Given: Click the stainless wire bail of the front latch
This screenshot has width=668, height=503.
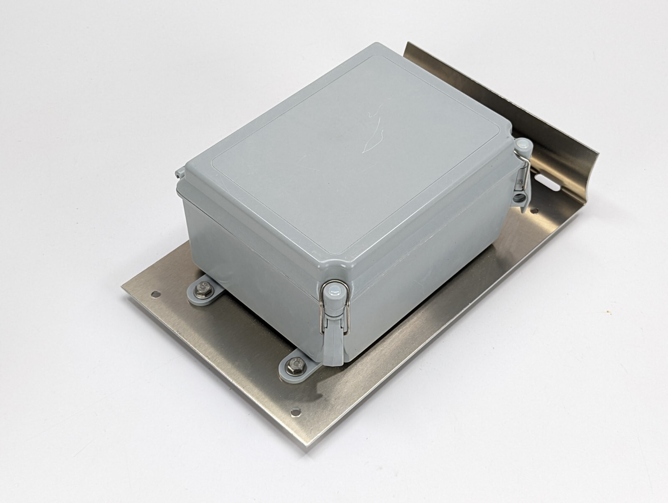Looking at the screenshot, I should coord(322,317).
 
